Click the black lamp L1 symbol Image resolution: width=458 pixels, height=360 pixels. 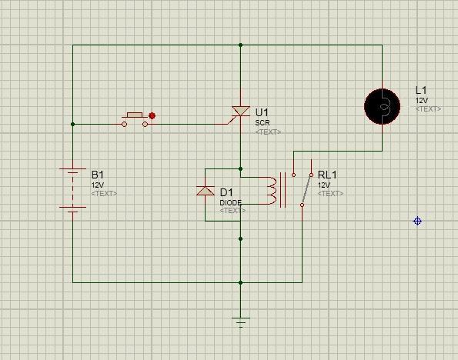tap(382, 107)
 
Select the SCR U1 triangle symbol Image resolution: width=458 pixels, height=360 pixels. tap(241, 111)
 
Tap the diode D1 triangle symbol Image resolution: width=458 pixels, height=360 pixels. tap(206, 191)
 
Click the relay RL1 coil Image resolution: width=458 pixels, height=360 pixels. tap(272, 191)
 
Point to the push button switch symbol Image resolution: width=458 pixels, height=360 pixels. tap(135, 119)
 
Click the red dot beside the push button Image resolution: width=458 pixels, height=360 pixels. tap(152, 115)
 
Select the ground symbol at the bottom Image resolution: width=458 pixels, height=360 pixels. tap(241, 322)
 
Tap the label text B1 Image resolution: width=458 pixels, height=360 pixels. tap(98, 175)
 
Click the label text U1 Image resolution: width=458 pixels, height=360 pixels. tap(262, 112)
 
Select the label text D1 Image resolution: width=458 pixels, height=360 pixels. tap(226, 192)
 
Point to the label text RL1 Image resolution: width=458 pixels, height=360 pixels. tap(327, 175)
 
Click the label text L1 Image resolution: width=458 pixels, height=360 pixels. tap(421, 90)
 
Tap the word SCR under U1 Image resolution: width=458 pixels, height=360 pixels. tap(262, 123)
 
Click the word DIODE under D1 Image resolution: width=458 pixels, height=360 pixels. tap(231, 202)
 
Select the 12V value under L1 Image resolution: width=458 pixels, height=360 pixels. tap(422, 101)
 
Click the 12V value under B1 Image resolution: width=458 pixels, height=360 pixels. tap(98, 185)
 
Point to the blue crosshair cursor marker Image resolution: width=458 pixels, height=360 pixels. tap(417, 221)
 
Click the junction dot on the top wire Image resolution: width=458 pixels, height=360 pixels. tap(240, 45)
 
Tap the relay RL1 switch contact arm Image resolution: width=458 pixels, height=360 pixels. tap(306, 190)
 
